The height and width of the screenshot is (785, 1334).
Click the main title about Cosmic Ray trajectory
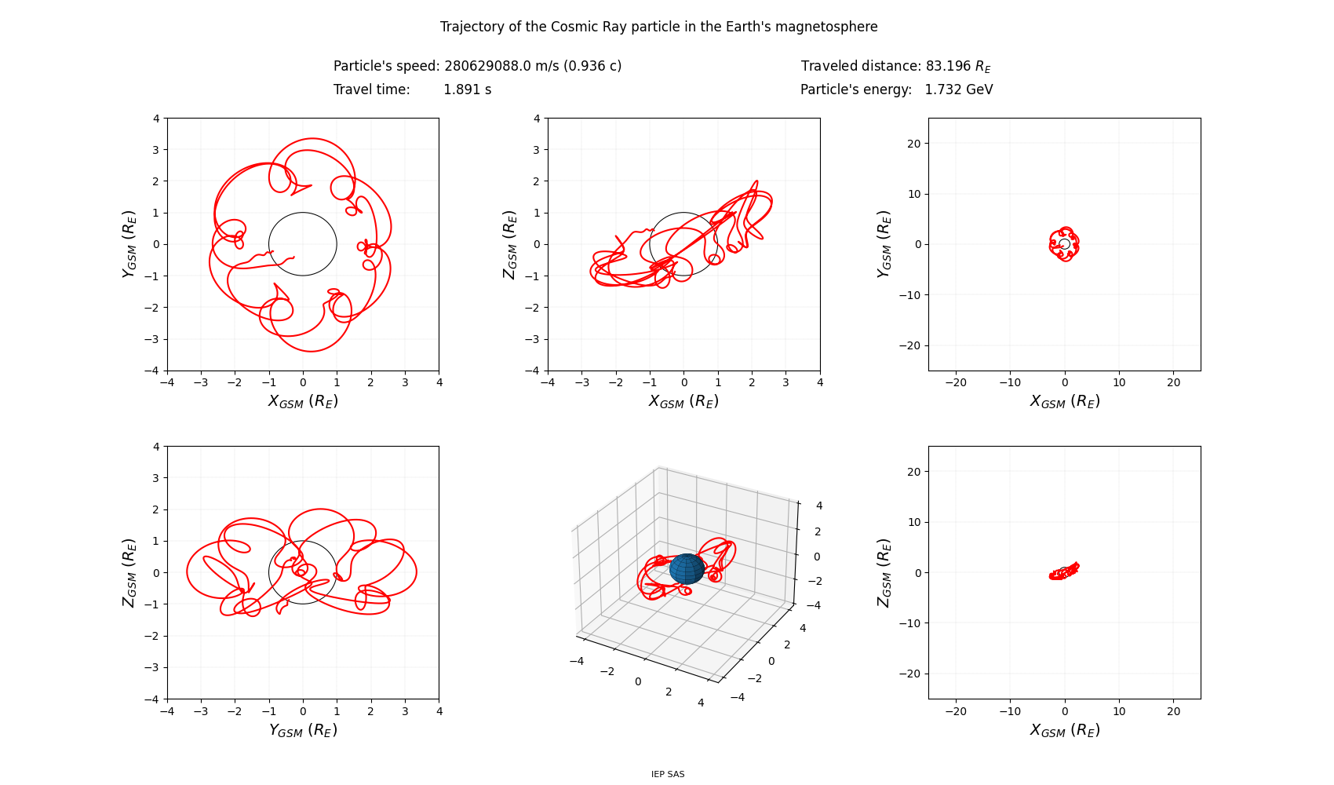658,27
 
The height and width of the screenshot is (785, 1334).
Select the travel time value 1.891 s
468,89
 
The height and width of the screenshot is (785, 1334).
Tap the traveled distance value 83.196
948,66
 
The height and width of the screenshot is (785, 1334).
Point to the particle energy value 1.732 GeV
959,89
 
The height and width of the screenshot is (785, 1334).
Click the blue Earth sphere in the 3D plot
687,569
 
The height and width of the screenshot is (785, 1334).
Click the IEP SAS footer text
668,774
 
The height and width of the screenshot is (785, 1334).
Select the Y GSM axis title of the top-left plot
129,244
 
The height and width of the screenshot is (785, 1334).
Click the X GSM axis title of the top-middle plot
683,401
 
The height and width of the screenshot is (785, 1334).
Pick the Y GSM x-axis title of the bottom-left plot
303,730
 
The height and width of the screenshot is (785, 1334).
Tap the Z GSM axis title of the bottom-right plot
884,572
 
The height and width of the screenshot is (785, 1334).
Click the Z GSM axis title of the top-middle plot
510,244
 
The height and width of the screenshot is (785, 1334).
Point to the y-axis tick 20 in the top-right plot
915,144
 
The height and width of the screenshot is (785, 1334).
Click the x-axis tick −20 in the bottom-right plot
956,711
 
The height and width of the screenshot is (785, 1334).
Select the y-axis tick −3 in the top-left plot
152,339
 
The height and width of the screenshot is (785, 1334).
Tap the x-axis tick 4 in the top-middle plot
820,382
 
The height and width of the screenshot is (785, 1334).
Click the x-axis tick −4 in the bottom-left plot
166,711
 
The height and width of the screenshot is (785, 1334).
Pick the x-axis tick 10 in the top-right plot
1119,382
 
